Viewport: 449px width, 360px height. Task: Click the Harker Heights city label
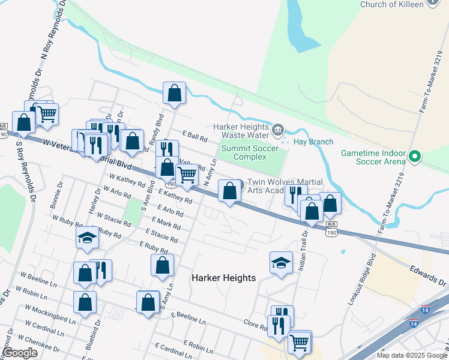(x=223, y=278)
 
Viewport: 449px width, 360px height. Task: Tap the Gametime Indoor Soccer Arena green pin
(x=414, y=158)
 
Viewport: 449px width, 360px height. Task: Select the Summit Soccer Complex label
(x=250, y=152)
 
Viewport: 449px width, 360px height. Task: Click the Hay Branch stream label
(x=313, y=142)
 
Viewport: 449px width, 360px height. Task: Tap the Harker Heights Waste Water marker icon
(x=277, y=128)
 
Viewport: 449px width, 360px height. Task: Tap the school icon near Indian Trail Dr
(x=281, y=262)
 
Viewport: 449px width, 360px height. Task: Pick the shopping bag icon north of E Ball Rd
(x=174, y=93)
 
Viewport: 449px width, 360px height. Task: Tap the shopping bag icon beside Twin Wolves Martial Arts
(x=229, y=191)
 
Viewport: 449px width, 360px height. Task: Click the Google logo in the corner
(x=20, y=353)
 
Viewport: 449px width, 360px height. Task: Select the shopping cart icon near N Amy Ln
(x=187, y=175)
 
